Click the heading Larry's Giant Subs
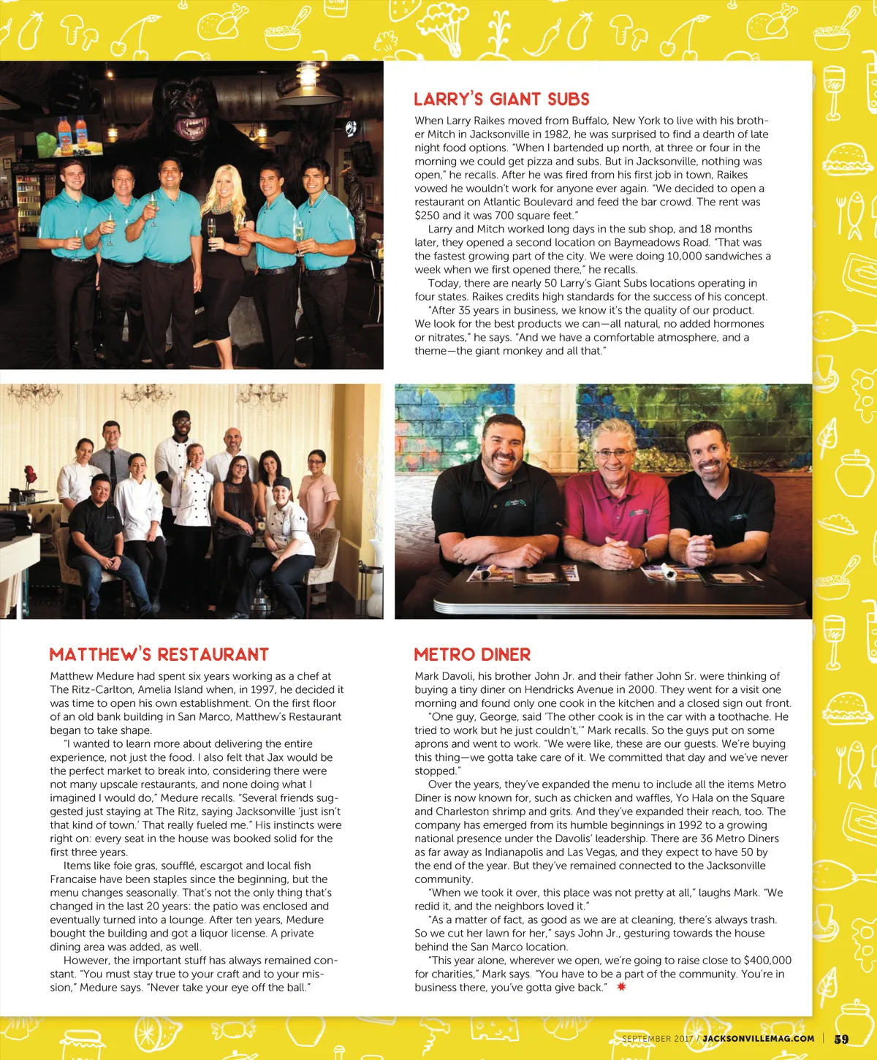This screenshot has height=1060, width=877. (x=501, y=99)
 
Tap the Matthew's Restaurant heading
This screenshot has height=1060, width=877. (x=159, y=654)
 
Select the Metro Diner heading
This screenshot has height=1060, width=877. (x=472, y=654)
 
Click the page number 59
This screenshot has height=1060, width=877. (x=841, y=1039)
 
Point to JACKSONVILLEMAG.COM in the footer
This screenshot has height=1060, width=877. (x=758, y=1038)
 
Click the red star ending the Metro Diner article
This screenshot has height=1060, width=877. (x=621, y=987)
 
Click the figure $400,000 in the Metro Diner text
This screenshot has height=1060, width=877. (x=767, y=960)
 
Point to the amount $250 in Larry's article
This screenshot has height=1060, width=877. (x=427, y=216)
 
